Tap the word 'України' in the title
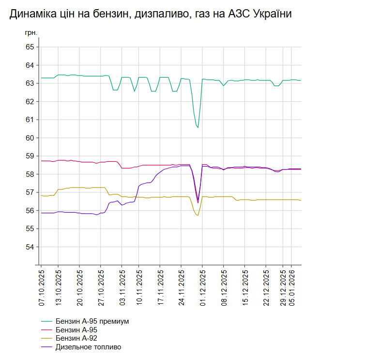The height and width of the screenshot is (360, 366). point(271,15)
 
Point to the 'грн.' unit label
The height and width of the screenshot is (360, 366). point(30,33)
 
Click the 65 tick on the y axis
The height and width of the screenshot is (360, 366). point(30,47)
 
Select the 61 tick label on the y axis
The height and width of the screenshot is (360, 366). point(30,120)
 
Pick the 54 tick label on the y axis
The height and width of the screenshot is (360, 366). point(30,247)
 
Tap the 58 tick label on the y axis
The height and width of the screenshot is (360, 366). point(30,174)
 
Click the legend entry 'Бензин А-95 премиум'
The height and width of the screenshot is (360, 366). point(92,321)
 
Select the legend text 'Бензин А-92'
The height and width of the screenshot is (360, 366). point(79,338)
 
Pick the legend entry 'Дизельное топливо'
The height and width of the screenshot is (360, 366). point(88,347)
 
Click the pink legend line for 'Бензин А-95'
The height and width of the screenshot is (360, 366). point(47,330)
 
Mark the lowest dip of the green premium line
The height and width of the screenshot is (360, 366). point(198,127)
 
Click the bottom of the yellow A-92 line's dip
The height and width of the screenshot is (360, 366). point(198,215)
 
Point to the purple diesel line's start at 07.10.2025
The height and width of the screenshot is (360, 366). point(42,213)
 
